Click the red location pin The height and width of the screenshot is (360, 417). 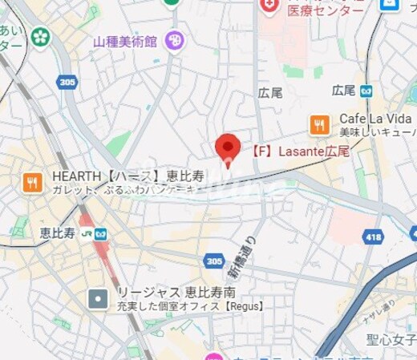(228, 147)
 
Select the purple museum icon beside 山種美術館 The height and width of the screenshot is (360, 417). (174, 40)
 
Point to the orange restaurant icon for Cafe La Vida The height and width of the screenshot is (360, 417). (319, 123)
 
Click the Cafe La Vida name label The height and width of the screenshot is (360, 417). (374, 118)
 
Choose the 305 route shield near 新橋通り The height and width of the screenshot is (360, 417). (214, 261)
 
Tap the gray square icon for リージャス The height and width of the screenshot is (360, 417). (98, 300)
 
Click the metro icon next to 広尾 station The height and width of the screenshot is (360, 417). (366, 91)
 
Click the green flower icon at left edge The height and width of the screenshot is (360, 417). (41, 35)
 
